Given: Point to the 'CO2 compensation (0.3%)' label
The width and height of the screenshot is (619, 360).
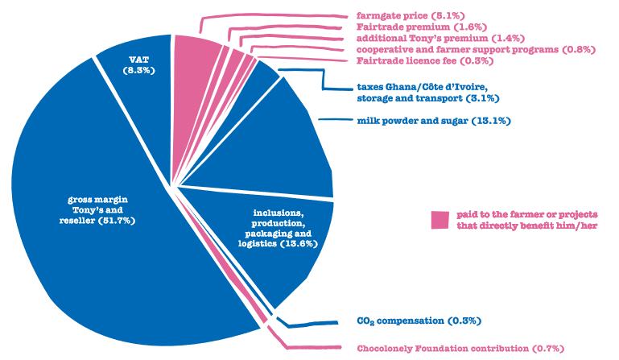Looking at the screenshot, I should click(418, 321).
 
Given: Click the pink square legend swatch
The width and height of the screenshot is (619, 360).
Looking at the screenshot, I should click(439, 219).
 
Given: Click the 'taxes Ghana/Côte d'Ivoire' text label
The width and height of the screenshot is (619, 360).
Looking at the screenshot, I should click(419, 86).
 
